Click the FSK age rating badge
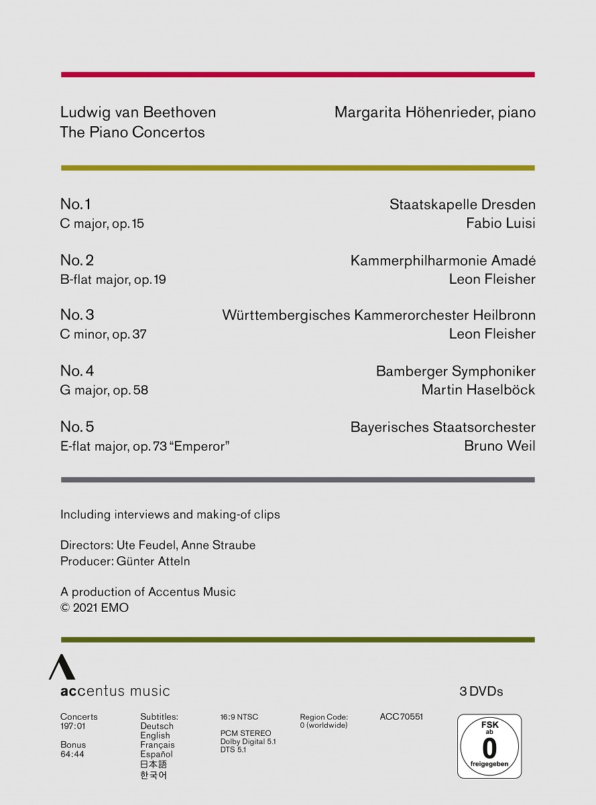(x=489, y=746)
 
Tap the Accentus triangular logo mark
(x=61, y=667)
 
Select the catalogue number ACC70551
(x=401, y=717)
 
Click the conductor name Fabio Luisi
(x=500, y=223)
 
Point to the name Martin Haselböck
(x=478, y=390)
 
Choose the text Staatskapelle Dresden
(x=462, y=205)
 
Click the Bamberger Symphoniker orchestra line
(x=455, y=371)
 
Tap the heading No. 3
(x=77, y=315)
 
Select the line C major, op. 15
(x=102, y=223)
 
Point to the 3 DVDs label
(x=481, y=691)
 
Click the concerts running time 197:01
(x=72, y=726)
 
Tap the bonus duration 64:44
(x=72, y=754)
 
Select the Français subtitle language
(x=157, y=745)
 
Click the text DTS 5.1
(x=233, y=749)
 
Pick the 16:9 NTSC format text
(x=239, y=717)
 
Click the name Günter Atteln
(x=153, y=561)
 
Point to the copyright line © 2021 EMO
(x=95, y=608)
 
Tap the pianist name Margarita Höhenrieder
(x=411, y=113)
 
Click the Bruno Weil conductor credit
(x=499, y=446)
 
